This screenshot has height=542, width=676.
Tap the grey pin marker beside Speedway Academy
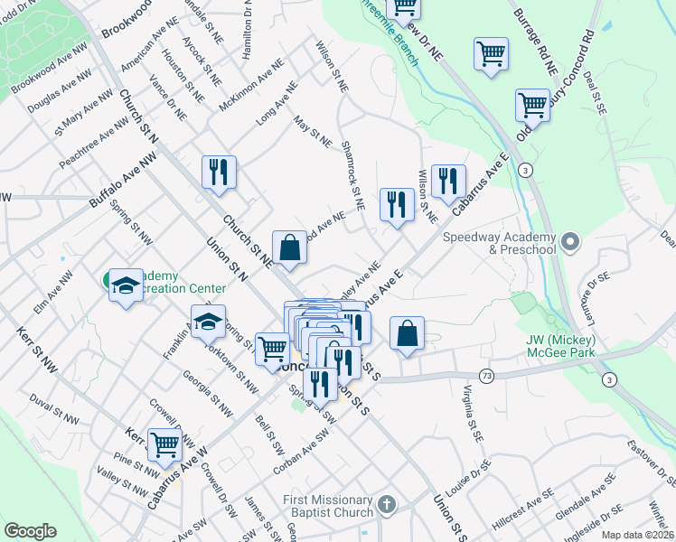[569, 241]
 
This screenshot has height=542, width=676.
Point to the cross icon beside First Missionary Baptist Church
[386, 505]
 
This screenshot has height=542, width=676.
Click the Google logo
[30, 531]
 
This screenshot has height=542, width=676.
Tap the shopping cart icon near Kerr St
[164, 444]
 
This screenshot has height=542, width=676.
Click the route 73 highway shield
[487, 376]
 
